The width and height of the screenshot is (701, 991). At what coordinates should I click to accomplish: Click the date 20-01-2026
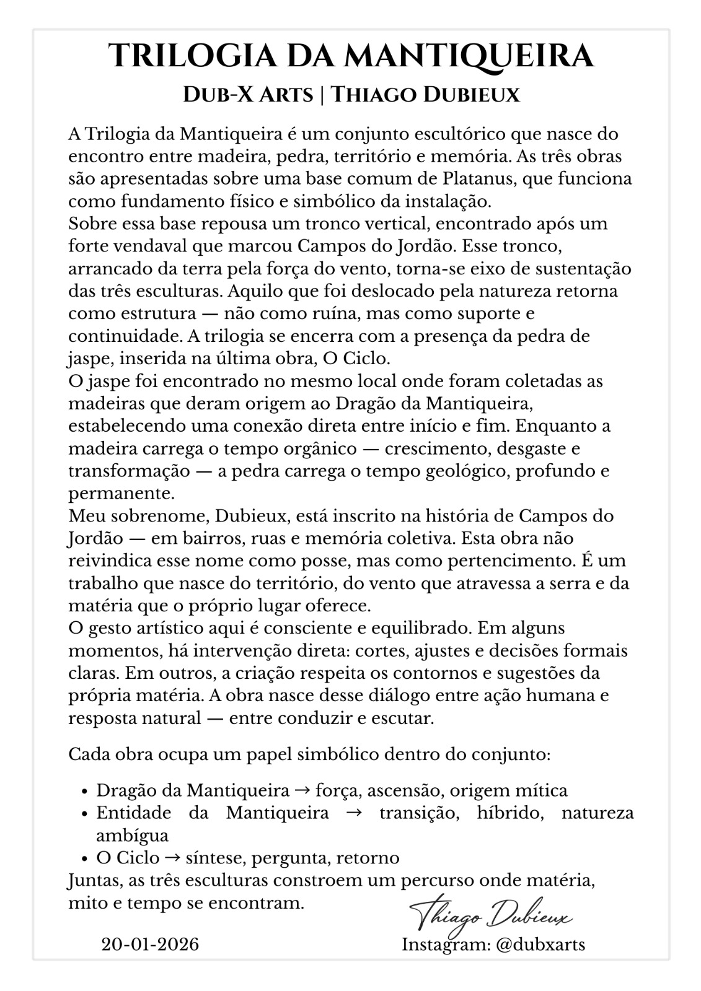coord(150,945)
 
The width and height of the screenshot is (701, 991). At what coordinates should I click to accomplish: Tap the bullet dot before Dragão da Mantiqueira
coord(86,792)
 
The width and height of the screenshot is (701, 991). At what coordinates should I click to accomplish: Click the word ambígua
coord(132,836)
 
